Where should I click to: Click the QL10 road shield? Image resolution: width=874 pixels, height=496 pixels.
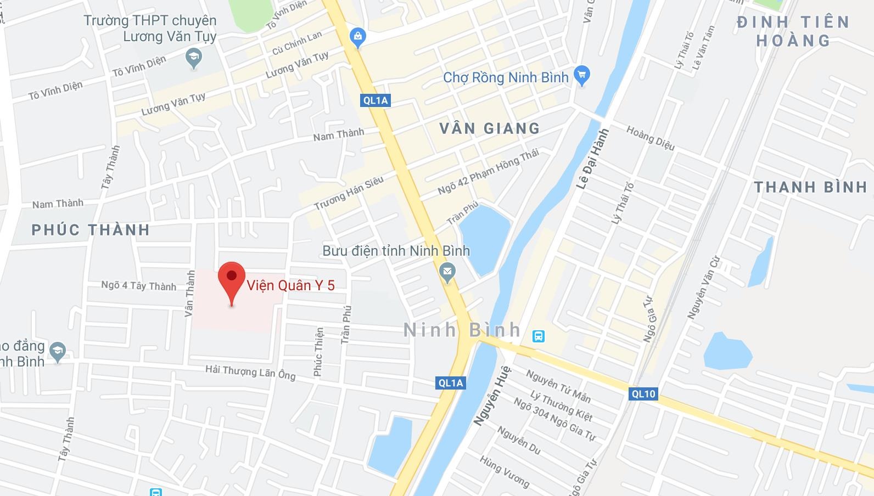coord(643,393)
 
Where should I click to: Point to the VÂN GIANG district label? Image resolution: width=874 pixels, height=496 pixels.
coord(490,128)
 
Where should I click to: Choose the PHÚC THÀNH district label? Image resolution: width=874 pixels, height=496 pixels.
coord(91,230)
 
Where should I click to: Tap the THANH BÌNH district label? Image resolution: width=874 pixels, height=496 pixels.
coord(810,187)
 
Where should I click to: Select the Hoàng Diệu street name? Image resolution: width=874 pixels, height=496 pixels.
coord(651,138)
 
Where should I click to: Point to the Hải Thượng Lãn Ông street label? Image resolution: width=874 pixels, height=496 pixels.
coord(250,372)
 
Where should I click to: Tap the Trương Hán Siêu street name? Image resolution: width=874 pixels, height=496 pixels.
coord(349,193)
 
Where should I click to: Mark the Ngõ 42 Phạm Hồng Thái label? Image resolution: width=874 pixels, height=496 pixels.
coord(488,171)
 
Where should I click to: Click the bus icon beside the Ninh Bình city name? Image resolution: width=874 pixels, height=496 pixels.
coord(539,336)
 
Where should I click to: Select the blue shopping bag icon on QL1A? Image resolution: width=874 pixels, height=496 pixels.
coord(358,37)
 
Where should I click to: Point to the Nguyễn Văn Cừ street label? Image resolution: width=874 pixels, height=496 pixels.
coord(703,287)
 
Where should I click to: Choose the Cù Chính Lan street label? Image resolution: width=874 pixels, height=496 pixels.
coord(297,43)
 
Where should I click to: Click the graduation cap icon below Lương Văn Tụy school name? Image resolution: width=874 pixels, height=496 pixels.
coord(193,58)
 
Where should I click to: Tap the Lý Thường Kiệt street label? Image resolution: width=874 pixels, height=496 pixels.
coord(561,405)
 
